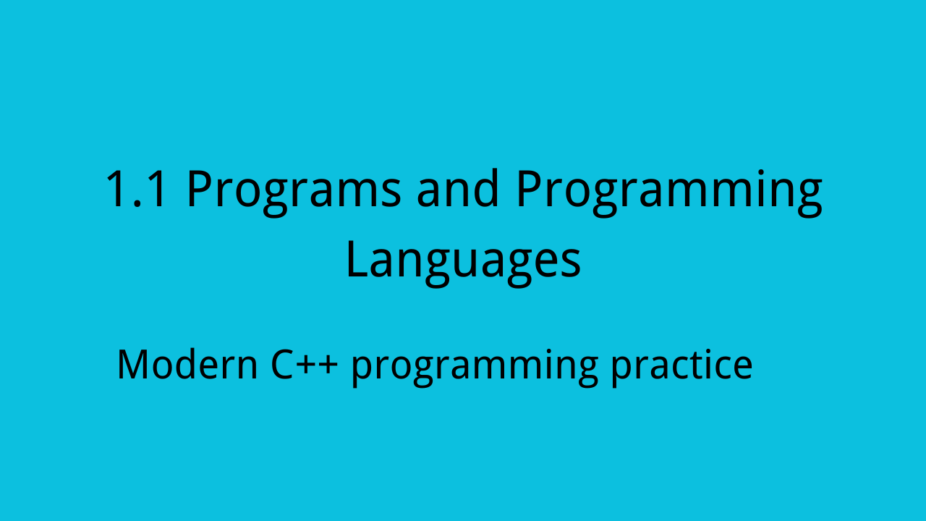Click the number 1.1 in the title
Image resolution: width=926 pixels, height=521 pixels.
137,189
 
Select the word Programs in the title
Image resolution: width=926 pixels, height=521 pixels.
294,192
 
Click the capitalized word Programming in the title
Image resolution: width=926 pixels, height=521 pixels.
669,192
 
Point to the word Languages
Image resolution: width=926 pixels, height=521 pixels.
464,262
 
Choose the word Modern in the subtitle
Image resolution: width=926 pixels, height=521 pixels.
187,364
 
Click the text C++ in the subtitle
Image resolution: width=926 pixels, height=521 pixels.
305,365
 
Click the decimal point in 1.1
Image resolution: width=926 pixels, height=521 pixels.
137,203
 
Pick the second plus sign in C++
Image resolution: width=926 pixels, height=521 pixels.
328,366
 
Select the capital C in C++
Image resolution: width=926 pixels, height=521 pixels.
283,365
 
